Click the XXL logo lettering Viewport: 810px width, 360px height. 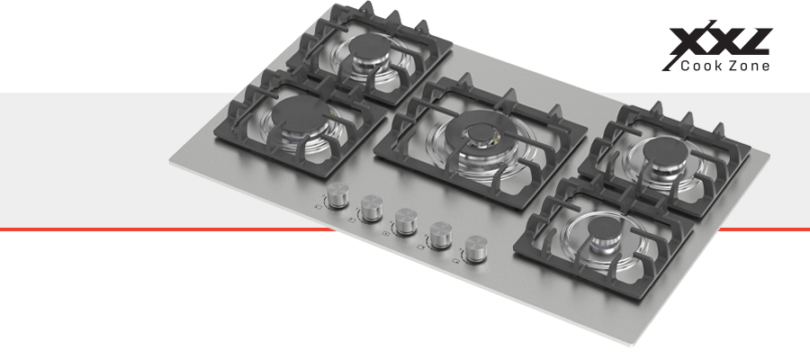[718, 40]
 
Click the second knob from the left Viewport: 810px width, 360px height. [371, 208]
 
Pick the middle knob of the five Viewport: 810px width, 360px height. [406, 221]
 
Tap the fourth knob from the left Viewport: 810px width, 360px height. [441, 234]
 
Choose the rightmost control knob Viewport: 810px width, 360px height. [476, 248]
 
